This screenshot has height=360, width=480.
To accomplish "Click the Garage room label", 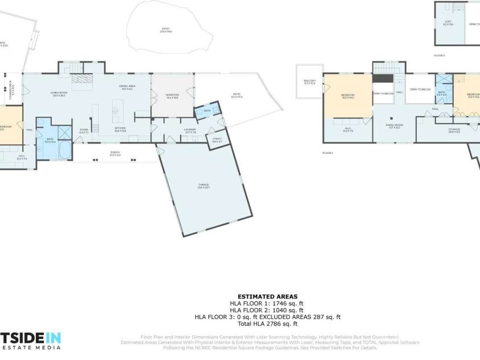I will click(x=203, y=185).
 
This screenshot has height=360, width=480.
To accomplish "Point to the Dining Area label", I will click(x=126, y=88).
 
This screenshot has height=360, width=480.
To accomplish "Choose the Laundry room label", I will click(x=190, y=130).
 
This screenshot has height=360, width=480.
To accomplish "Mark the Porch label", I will click(x=115, y=153).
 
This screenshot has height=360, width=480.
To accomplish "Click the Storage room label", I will click(x=454, y=130).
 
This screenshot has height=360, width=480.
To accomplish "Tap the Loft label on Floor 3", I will click(x=448, y=23).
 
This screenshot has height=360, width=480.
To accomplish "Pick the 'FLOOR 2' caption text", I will click(x=327, y=153).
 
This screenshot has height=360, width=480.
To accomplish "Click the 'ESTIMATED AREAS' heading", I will click(x=267, y=297).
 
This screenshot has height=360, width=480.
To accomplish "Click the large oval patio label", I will click(x=166, y=29).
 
